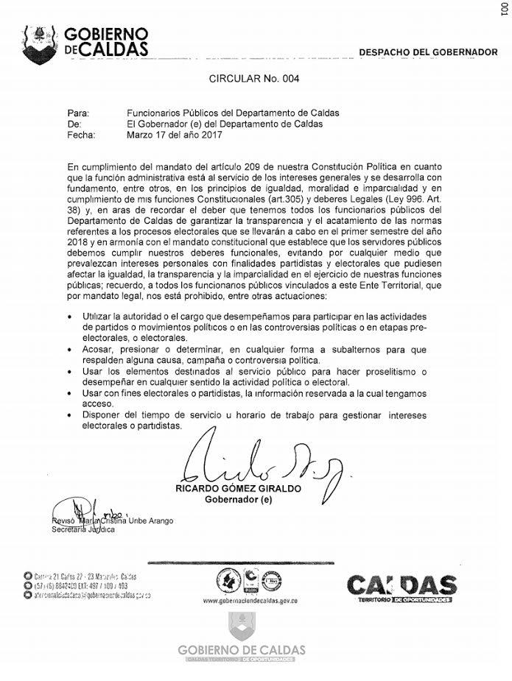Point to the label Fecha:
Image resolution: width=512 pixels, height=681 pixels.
81,135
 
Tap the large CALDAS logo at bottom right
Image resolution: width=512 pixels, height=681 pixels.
401,588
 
